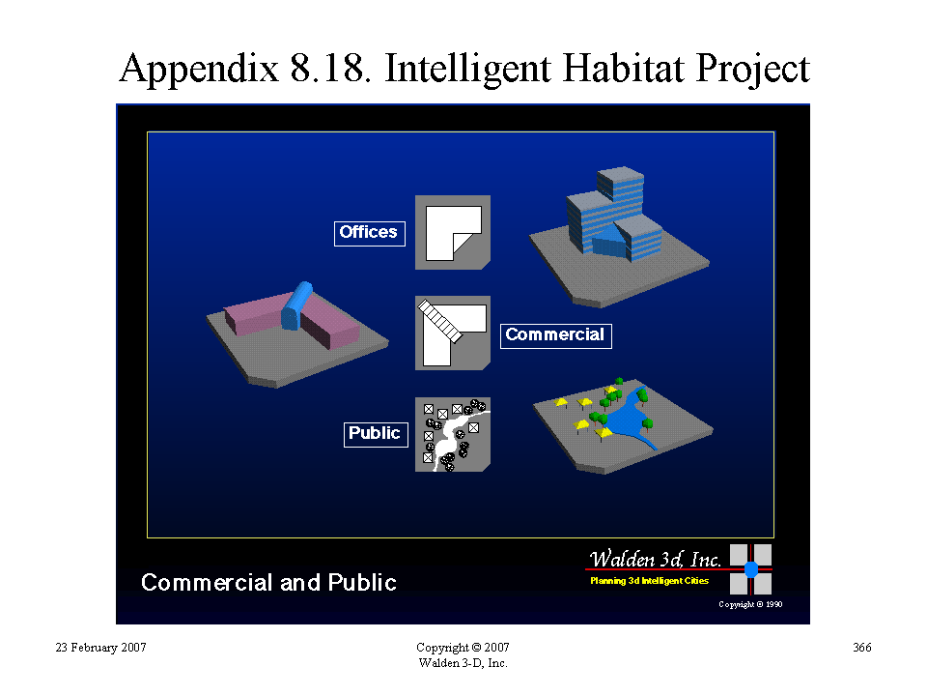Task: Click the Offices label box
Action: [x=370, y=233]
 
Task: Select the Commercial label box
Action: [x=556, y=335]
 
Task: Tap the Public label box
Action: [x=376, y=434]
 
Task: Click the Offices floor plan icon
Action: [x=453, y=233]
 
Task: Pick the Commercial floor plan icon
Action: [x=453, y=333]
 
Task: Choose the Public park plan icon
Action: [x=453, y=434]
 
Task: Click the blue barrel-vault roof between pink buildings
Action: [x=296, y=304]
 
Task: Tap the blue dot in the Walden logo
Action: [x=751, y=569]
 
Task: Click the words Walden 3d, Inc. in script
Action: [x=655, y=559]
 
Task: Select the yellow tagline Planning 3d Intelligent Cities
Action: [x=649, y=581]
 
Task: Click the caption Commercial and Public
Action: [x=268, y=582]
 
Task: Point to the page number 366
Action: [x=862, y=648]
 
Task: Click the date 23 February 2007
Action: [x=100, y=648]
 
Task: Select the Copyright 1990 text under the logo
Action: [x=750, y=604]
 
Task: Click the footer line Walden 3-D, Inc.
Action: [x=463, y=663]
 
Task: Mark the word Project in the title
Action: [x=752, y=70]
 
